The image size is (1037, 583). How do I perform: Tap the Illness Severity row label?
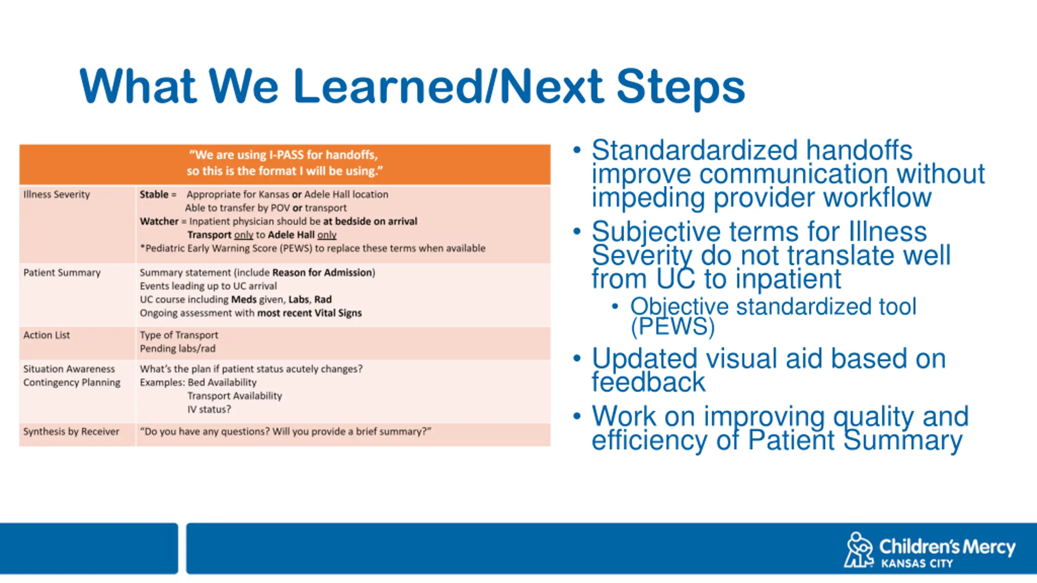click(x=57, y=195)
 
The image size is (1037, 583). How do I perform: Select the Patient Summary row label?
click(x=62, y=273)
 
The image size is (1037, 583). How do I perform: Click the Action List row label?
click(x=47, y=335)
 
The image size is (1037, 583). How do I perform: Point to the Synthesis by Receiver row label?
click(x=71, y=432)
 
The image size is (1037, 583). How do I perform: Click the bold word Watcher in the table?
click(x=159, y=221)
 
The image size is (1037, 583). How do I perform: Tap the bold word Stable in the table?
click(x=154, y=194)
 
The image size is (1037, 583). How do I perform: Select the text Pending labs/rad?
click(x=178, y=349)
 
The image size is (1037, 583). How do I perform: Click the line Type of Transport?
click(x=179, y=335)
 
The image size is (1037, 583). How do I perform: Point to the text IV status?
click(x=209, y=409)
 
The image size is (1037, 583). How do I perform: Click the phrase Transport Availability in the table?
click(x=235, y=396)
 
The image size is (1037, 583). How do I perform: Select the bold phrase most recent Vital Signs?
click(x=309, y=313)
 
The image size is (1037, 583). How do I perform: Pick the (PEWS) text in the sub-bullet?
click(x=673, y=327)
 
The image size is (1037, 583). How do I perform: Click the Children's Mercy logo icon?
click(x=859, y=549)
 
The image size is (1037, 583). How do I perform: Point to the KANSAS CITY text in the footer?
click(x=917, y=564)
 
